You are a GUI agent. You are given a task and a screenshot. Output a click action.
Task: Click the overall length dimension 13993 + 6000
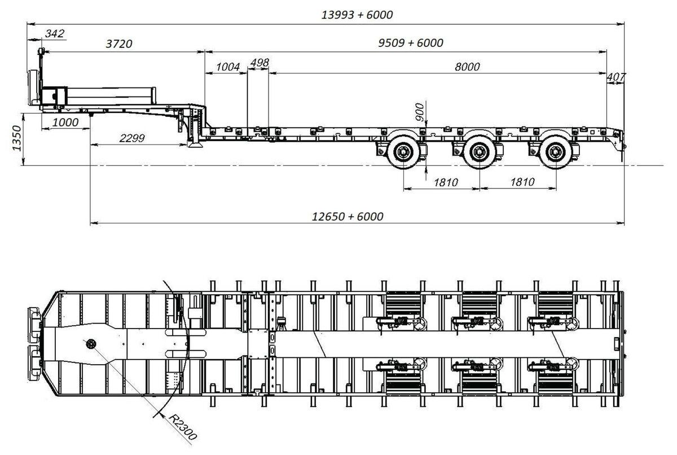[x=357, y=15]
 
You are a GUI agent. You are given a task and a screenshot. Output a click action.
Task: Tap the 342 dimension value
[x=55, y=33]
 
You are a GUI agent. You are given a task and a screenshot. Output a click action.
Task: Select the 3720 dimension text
[x=119, y=44]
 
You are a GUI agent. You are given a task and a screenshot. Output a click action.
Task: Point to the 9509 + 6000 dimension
[x=411, y=43]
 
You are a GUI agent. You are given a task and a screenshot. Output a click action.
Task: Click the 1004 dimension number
[x=228, y=67]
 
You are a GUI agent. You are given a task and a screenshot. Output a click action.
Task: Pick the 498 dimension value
[x=260, y=63]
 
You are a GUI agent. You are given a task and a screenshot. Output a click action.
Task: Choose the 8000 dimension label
[x=467, y=67]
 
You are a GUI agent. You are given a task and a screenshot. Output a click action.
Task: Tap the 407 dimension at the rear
[x=616, y=77]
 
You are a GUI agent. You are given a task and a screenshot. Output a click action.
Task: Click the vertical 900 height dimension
[x=420, y=112]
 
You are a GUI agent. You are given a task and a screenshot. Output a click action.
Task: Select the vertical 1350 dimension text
[x=17, y=138]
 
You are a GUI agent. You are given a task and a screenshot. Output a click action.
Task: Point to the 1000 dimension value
[x=65, y=123]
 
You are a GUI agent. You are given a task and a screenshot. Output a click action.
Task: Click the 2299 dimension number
[x=132, y=138]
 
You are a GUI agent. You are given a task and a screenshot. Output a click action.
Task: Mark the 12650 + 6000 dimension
[x=348, y=216]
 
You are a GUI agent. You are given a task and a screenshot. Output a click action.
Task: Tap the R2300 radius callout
[x=183, y=427]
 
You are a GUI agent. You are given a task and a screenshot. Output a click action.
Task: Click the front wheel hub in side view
[x=403, y=152]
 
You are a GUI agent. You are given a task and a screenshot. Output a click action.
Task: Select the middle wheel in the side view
[x=480, y=152]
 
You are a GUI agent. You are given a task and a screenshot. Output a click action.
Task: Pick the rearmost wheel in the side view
[x=556, y=152]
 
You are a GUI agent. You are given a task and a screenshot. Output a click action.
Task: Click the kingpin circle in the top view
[x=91, y=344]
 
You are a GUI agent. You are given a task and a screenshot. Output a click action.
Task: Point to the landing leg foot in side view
[x=195, y=145]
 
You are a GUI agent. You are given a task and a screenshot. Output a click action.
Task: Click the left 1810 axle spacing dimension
[x=446, y=182]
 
